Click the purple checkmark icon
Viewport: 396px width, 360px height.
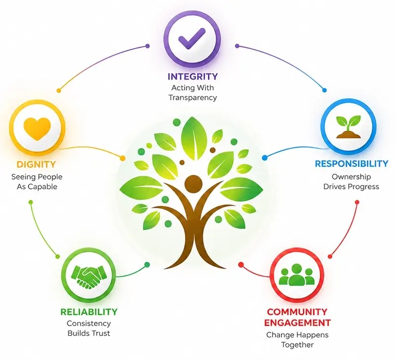pyautogui.click(x=191, y=39)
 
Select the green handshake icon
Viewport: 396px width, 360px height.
pyautogui.click(x=89, y=276)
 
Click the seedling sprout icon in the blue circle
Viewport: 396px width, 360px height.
pyautogui.click(x=348, y=127)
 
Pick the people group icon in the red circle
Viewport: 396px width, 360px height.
pyautogui.click(x=297, y=275)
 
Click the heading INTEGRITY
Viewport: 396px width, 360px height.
pyautogui.click(x=193, y=77)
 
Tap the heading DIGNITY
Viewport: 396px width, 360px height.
pyautogui.click(x=36, y=165)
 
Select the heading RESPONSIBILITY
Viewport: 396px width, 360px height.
pyautogui.click(x=351, y=164)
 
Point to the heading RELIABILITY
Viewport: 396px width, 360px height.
pyautogui.click(x=89, y=312)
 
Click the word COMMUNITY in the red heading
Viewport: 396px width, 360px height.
pyautogui.click(x=297, y=312)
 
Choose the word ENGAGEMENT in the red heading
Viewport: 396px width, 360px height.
pyautogui.click(x=297, y=322)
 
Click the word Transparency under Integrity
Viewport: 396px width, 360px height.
pyautogui.click(x=193, y=97)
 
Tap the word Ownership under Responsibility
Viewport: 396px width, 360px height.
pyautogui.click(x=351, y=177)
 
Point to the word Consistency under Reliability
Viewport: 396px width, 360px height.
pyautogui.click(x=89, y=323)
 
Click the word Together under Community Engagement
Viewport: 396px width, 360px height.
pyautogui.click(x=297, y=345)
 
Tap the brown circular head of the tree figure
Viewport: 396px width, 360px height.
pyautogui.click(x=194, y=183)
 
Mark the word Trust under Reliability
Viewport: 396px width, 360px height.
pyautogui.click(x=101, y=333)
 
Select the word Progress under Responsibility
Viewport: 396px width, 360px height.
pyautogui.click(x=367, y=187)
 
